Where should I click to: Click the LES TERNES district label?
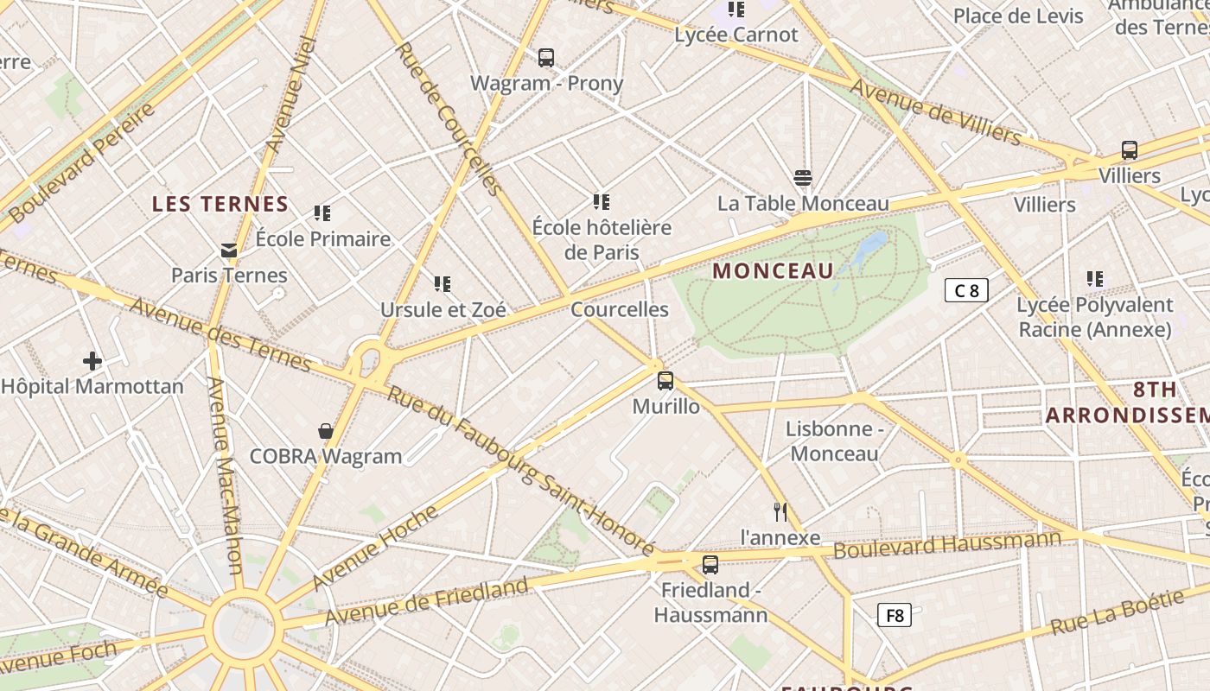220,205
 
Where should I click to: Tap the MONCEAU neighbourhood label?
773,271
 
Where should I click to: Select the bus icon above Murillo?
665,381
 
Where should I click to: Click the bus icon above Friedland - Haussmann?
710,565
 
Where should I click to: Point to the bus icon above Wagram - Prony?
546,58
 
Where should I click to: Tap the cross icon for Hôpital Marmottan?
92,361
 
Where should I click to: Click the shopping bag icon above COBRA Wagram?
326,431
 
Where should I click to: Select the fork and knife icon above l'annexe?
780,512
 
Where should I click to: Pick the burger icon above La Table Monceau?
803,179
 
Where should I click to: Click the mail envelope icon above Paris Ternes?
229,250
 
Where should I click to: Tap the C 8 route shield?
965,290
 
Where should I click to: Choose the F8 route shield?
895,615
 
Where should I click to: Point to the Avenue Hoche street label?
376,547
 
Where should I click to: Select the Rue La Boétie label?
1117,613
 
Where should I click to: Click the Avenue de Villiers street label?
935,111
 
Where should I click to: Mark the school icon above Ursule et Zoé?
443,284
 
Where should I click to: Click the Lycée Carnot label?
736,35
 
